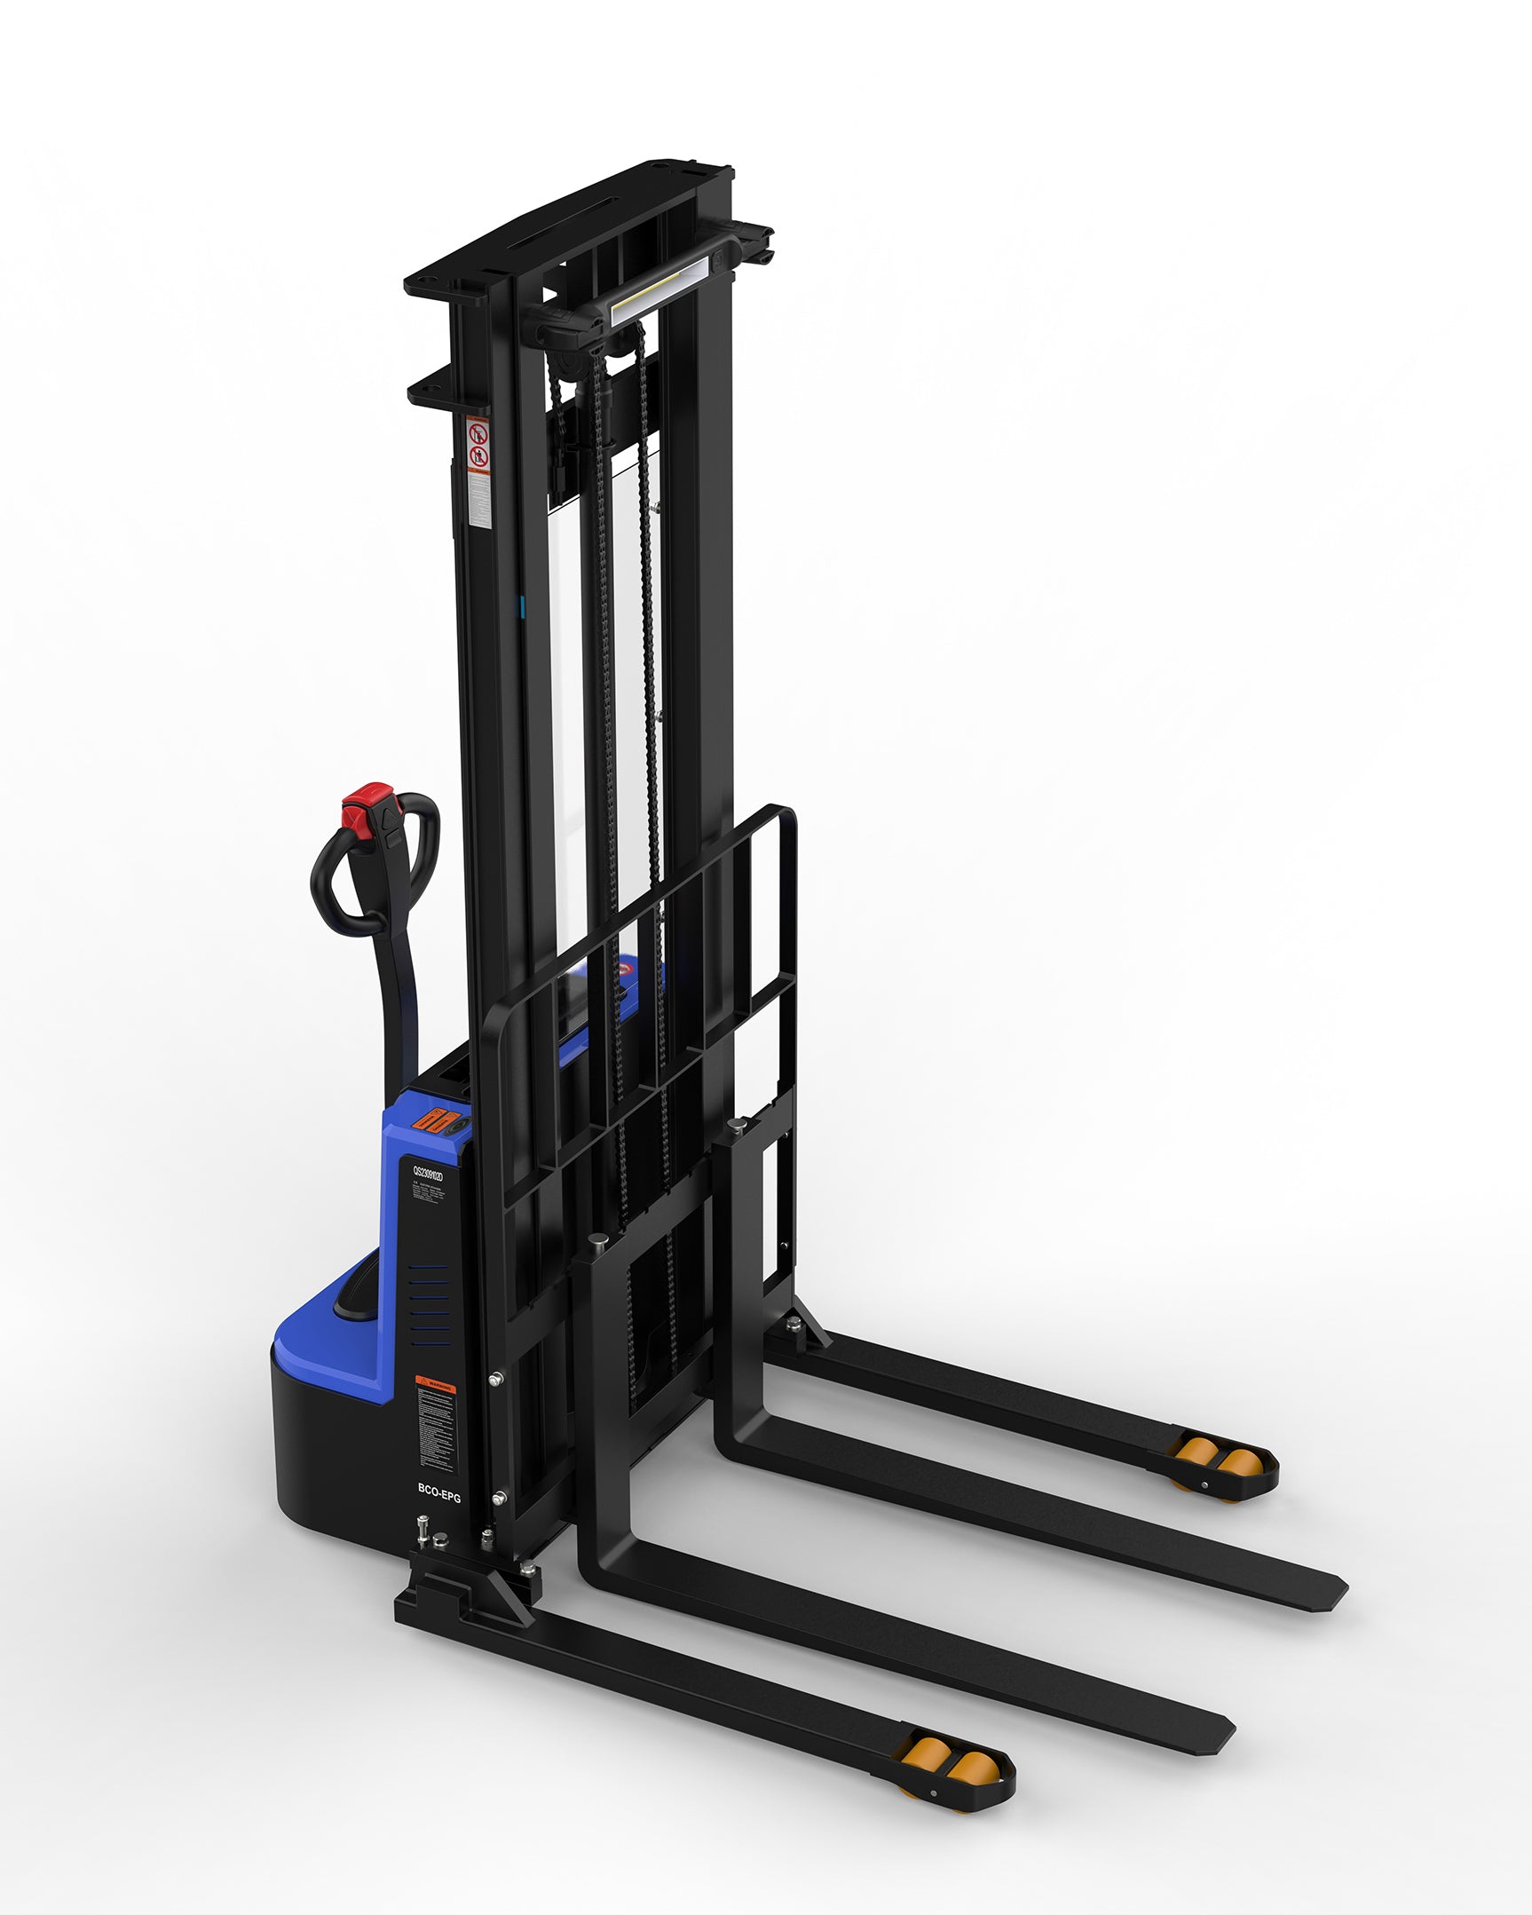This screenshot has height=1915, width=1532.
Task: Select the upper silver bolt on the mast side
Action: [x=496, y=1380]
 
